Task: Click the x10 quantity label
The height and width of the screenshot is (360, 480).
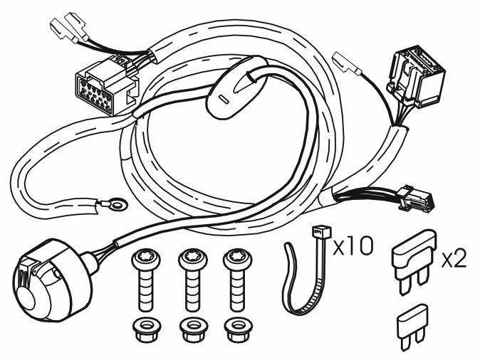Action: pyautogui.click(x=353, y=246)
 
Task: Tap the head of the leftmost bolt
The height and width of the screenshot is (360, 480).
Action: pyautogui.click(x=146, y=260)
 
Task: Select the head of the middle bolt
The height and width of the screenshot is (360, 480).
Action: pyautogui.click(x=193, y=260)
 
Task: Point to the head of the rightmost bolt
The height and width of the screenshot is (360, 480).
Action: pyautogui.click(x=238, y=260)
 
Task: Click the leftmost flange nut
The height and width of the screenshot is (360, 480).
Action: pyautogui.click(x=146, y=330)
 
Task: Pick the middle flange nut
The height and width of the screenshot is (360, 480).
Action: pyautogui.click(x=192, y=330)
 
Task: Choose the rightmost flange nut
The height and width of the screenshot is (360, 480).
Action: pyautogui.click(x=236, y=330)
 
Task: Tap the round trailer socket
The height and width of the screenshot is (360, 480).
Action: pyautogui.click(x=52, y=280)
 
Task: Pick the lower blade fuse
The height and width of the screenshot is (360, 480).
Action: pyautogui.click(x=412, y=327)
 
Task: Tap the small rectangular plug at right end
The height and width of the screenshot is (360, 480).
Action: pyautogui.click(x=417, y=198)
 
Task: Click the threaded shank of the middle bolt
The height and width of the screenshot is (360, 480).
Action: pyautogui.click(x=193, y=290)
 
